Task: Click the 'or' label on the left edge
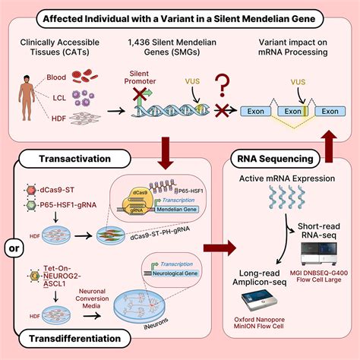(14, 248)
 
